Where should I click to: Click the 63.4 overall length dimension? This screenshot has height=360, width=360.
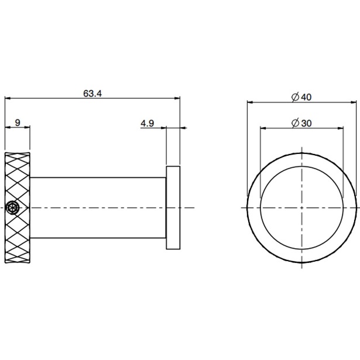pos(92,94)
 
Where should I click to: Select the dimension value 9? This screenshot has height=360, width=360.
pos(18,122)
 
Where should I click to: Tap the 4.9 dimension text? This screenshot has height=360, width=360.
pos(148,124)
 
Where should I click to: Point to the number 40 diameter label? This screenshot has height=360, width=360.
pos(306,97)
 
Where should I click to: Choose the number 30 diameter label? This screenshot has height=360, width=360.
pos(306,124)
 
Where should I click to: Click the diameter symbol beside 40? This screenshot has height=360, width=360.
pos(295,97)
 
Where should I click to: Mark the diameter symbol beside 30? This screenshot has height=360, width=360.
pos(295,124)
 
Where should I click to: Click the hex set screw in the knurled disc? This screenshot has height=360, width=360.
pos(12,208)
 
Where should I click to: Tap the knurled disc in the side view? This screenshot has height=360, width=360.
pos(18,208)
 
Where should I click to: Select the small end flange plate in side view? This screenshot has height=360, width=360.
pos(173,208)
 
